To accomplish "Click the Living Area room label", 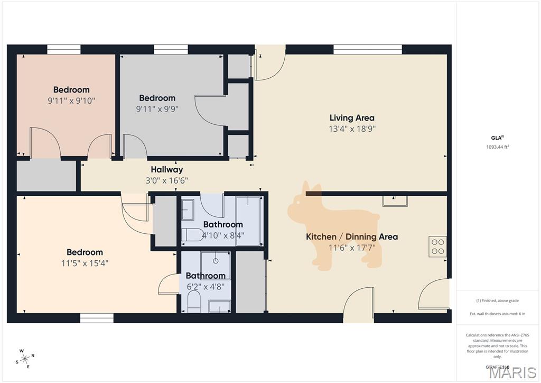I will click(352, 118).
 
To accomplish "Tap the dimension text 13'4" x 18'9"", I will click(352, 129).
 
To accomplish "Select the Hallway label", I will click(167, 170).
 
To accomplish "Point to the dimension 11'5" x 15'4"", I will click(85, 263).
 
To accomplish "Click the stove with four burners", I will click(438, 247).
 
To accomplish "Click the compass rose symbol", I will click(25, 358).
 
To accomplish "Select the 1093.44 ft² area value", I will click(497, 147).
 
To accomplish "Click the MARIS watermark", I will click(512, 372).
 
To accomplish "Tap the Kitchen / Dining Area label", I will click(352, 236).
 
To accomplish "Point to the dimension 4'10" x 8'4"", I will click(223, 235).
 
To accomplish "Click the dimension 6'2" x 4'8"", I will click(206, 286).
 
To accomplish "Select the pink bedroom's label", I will click(71, 90).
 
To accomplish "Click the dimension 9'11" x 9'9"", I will click(157, 109).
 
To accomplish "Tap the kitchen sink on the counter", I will click(395, 199).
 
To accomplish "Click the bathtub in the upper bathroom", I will click(248, 221).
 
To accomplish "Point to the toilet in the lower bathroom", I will click(194, 302).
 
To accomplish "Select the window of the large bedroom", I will click(97, 317).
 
